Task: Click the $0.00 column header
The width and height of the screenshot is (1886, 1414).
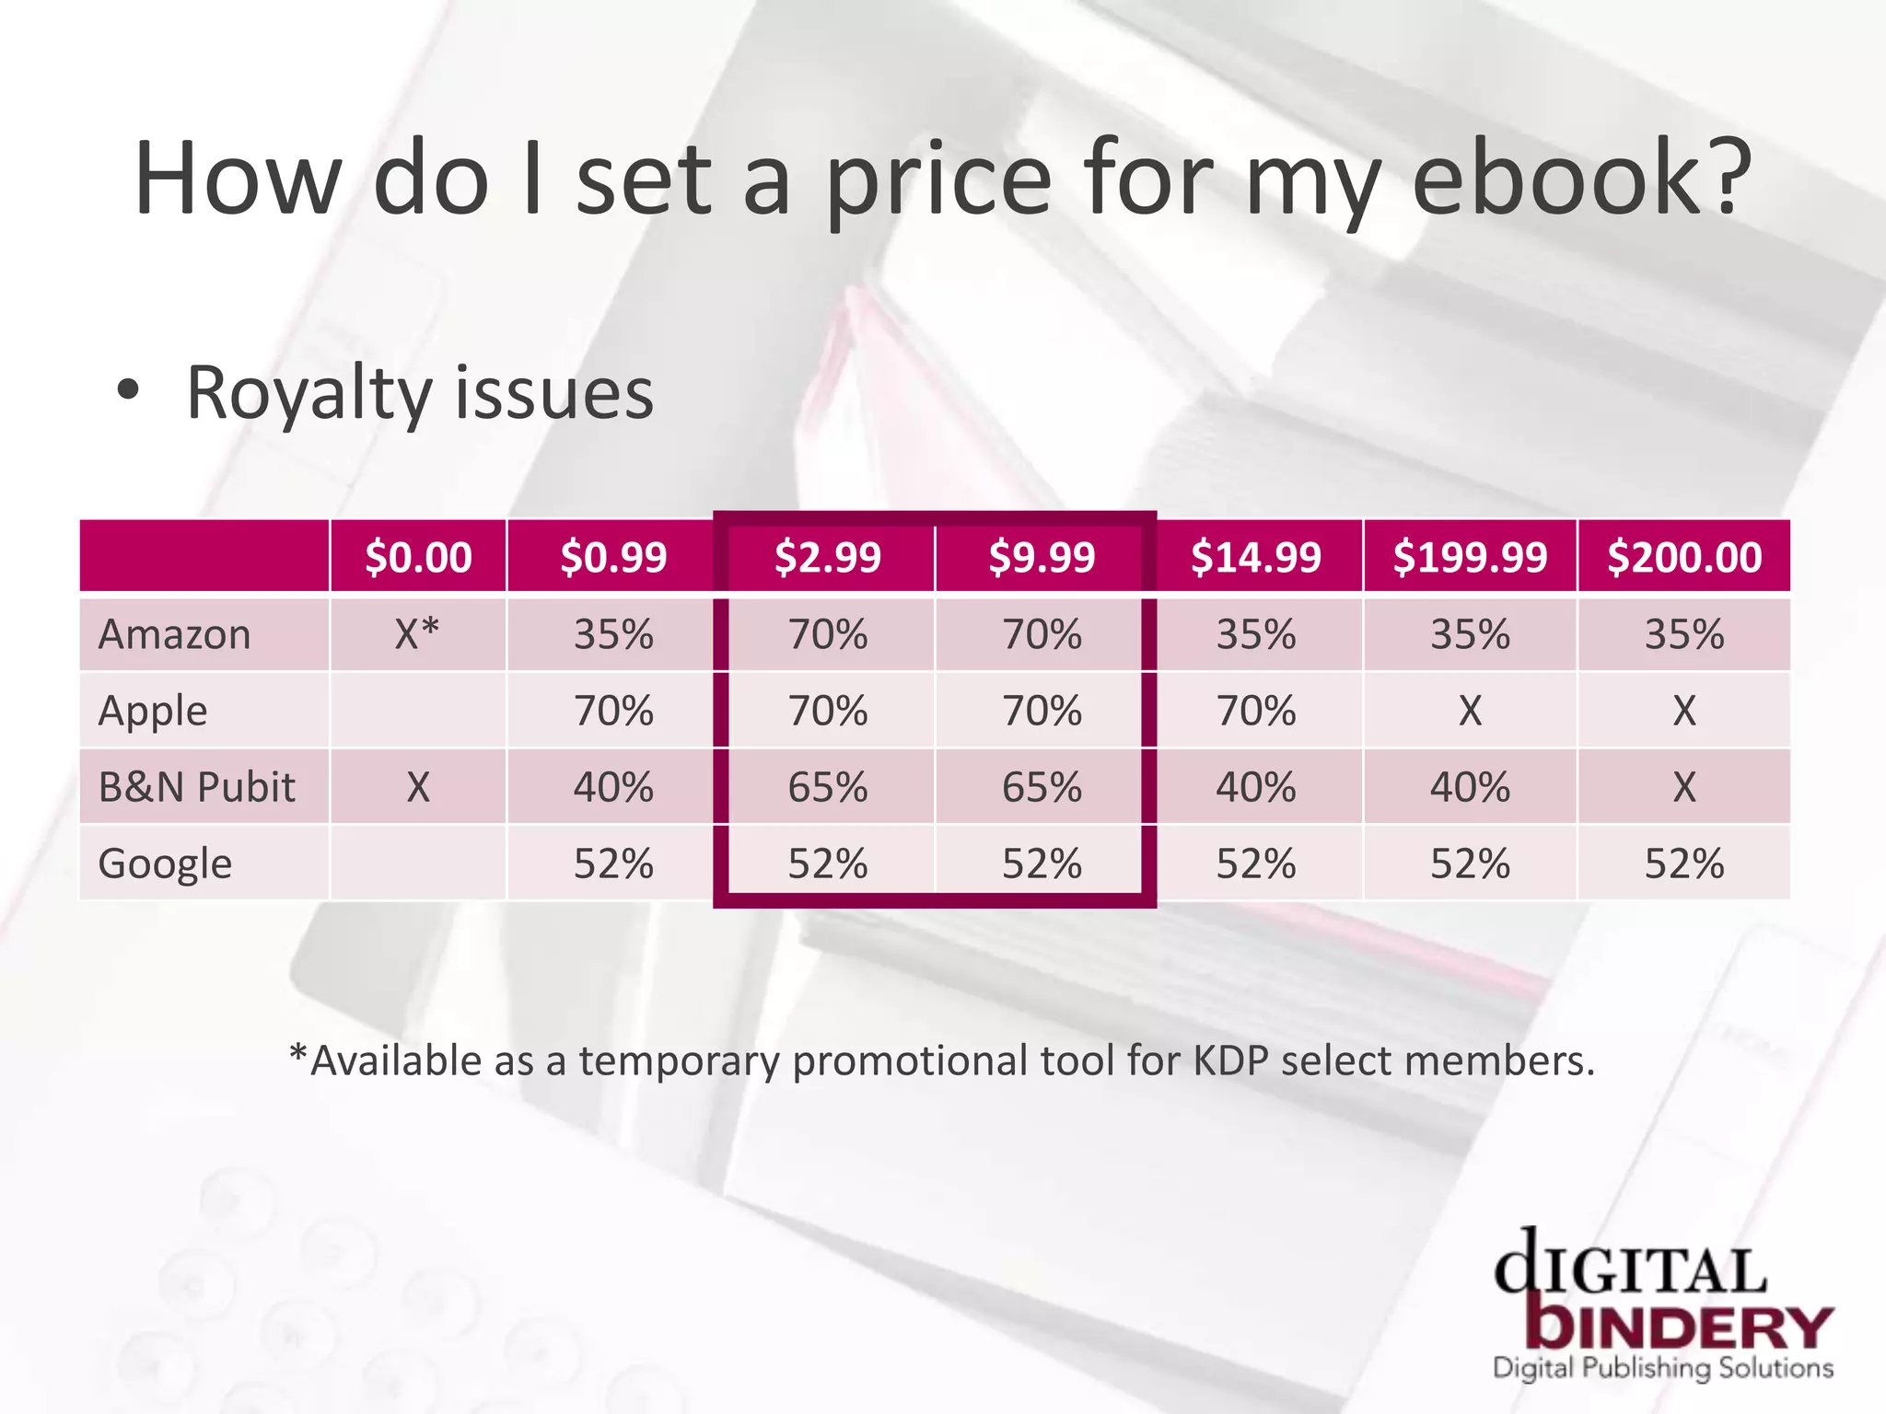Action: point(418,557)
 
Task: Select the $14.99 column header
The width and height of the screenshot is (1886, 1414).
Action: point(1256,557)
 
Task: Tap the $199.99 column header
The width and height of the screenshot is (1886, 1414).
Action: point(1470,557)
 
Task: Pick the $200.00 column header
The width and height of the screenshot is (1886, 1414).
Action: point(1684,557)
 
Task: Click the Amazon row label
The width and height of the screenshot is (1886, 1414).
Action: point(175,634)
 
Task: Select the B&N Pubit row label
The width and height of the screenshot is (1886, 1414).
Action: point(197,787)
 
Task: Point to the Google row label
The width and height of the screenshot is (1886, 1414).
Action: point(166,863)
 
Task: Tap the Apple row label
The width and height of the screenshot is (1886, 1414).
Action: point(153,711)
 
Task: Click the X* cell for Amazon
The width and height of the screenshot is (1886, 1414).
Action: point(417,633)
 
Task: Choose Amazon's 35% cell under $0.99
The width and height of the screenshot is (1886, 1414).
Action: point(613,634)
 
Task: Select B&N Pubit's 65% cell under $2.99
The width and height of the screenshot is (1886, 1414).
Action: point(828,787)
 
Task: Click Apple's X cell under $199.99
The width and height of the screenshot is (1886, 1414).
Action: point(1470,711)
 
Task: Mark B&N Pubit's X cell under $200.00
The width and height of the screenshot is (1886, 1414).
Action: point(1684,787)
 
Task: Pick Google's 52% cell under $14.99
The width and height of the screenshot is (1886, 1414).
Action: point(1256,863)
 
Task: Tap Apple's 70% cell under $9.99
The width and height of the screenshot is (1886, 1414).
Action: point(1042,711)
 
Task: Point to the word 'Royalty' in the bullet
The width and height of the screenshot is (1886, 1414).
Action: point(309,394)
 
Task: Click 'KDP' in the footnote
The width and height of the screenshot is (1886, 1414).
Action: point(1230,1060)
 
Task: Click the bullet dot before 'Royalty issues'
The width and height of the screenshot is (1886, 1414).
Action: point(128,390)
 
